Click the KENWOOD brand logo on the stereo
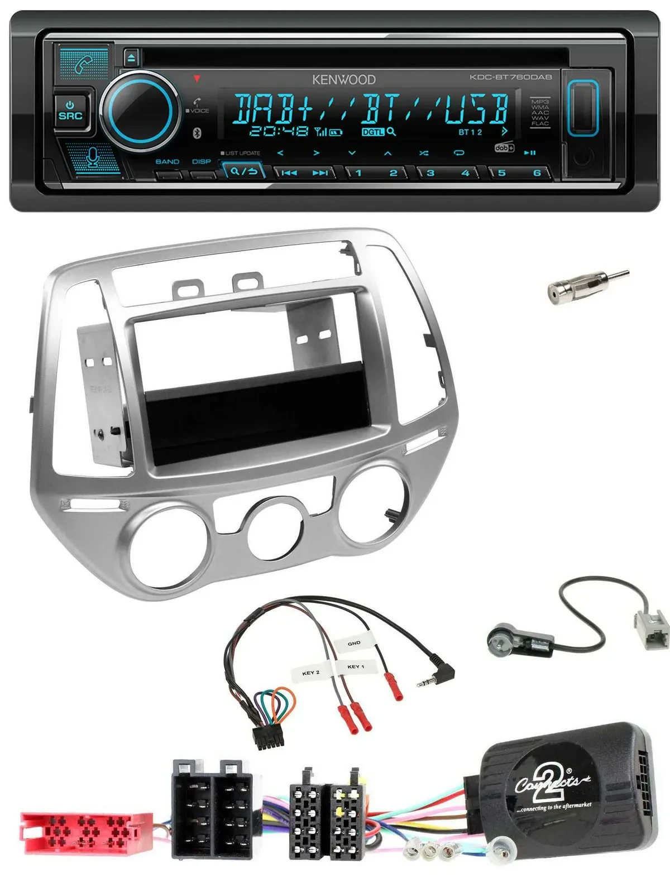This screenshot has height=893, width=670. point(343,80)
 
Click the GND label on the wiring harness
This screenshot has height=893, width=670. point(354,644)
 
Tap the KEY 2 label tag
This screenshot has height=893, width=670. point(310,673)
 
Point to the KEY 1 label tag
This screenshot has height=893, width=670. point(356,666)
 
